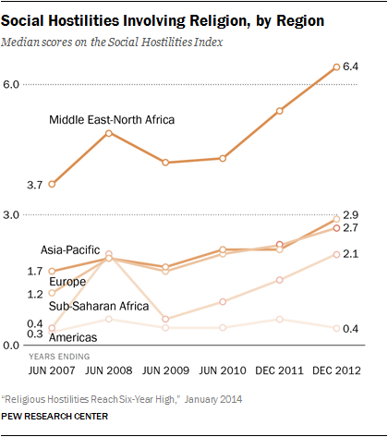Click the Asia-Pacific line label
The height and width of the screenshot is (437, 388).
70,250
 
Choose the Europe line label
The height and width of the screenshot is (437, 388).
57,282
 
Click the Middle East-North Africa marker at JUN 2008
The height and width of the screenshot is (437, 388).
109,133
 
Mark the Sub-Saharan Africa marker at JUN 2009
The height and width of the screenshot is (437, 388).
166,319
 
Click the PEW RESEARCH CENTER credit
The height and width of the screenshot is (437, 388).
55,418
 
